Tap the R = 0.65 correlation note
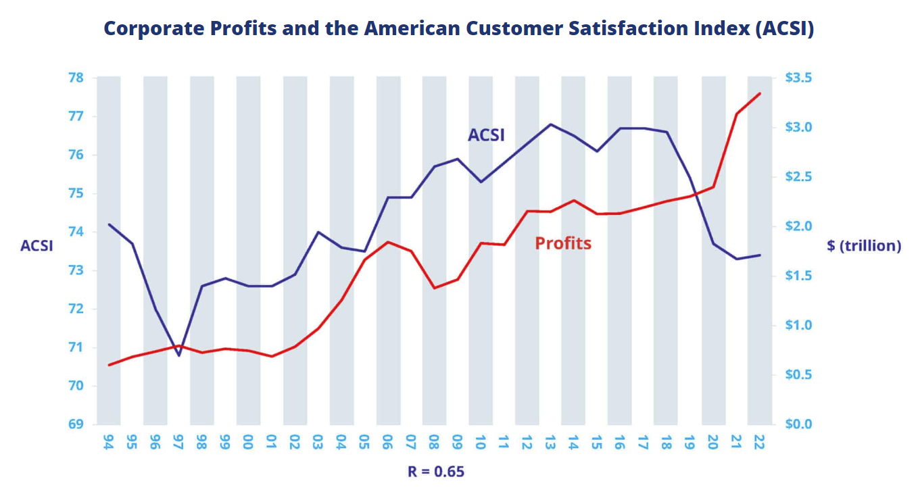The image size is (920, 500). tap(436, 472)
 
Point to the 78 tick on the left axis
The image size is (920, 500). tap(75, 78)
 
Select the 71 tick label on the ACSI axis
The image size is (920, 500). tap(75, 347)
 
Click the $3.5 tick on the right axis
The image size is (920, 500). tap(799, 78)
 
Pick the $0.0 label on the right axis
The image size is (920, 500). tap(799, 424)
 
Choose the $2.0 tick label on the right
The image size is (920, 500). tap(799, 226)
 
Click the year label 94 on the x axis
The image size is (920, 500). tap(109, 443)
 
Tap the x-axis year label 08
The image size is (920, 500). tap(434, 443)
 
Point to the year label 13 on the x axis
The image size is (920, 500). tap(550, 443)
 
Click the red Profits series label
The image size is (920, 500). tap(563, 243)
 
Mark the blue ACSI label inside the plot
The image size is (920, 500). tap(486, 135)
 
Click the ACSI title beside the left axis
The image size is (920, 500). tap(37, 246)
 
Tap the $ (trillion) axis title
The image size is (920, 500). tap(864, 246)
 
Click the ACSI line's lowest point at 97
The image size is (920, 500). tap(178, 355)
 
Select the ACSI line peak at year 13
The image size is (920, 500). tap(550, 124)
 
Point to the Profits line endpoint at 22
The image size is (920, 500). tap(760, 93)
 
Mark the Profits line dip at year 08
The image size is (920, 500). tap(434, 288)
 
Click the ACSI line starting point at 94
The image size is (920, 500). tap(109, 224)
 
